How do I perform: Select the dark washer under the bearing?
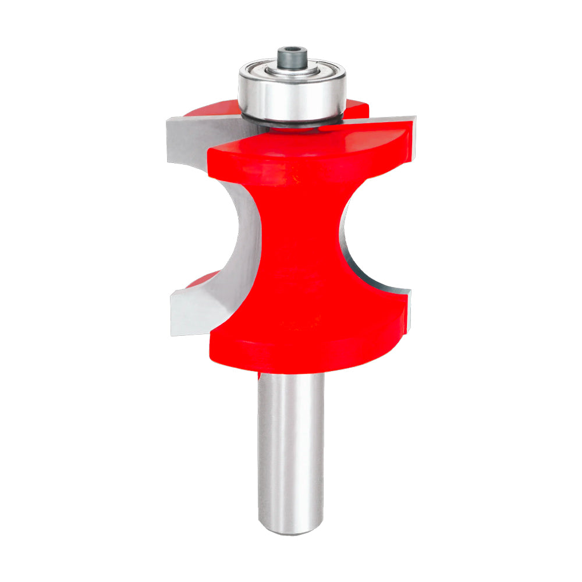coord(291,122)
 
